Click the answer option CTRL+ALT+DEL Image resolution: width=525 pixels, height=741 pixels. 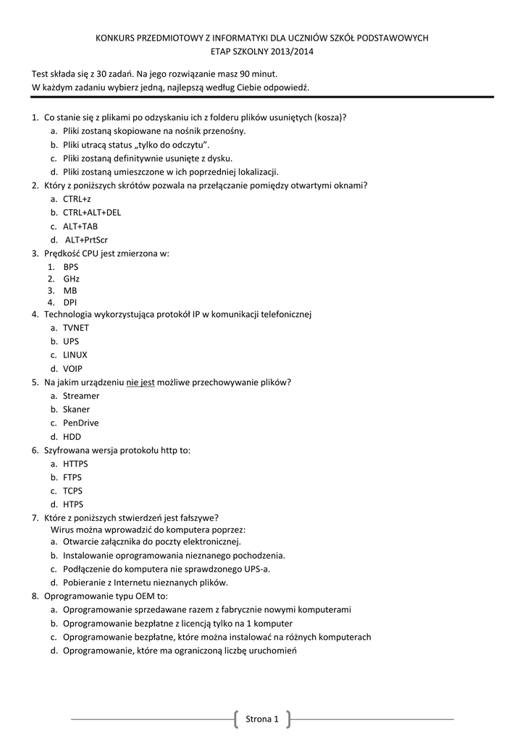(92, 213)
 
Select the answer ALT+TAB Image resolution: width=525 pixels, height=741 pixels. (80, 226)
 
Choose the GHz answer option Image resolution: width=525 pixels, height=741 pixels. (71, 279)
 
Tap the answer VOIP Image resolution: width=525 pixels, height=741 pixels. (72, 369)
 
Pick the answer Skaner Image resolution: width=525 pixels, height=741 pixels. (76, 410)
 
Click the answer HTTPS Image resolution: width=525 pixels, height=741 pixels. (75, 464)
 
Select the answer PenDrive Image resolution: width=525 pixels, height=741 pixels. (80, 423)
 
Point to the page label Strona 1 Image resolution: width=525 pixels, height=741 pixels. (262, 719)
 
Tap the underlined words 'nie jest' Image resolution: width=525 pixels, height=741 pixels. (140, 382)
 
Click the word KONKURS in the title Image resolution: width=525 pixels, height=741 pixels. (117, 38)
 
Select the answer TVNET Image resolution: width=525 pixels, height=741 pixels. (76, 328)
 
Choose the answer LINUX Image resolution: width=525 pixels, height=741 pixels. (75, 355)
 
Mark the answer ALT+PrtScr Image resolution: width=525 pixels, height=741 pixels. (86, 240)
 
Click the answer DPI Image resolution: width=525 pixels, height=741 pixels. (70, 302)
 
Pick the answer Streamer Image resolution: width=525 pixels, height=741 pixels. (81, 396)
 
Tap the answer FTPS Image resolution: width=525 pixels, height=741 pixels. (72, 478)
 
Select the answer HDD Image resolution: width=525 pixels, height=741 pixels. (72, 437)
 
